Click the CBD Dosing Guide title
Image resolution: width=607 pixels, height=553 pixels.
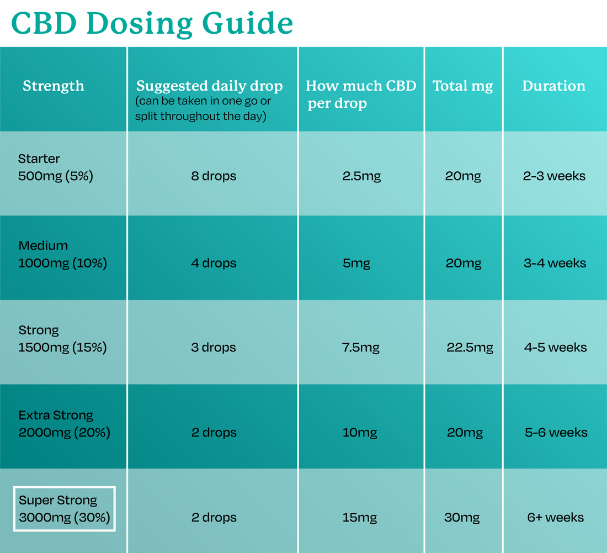click(152, 23)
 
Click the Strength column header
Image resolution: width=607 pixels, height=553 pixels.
click(54, 86)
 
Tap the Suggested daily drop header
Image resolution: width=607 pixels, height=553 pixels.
click(209, 87)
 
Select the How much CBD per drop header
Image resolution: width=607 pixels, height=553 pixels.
click(360, 94)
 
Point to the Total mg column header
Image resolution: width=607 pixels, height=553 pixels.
click(462, 86)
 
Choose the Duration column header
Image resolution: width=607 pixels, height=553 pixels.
click(553, 86)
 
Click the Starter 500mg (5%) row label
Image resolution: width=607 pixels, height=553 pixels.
click(55, 167)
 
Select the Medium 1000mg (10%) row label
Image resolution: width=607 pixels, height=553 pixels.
click(62, 254)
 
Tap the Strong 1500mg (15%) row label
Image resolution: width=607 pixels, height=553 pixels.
click(62, 339)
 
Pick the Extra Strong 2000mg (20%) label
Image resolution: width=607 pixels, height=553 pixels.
click(64, 424)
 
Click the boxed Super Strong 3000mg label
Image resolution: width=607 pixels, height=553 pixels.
click(65, 509)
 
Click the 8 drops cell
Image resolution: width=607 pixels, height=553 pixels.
click(214, 176)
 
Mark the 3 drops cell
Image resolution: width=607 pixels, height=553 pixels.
click(214, 347)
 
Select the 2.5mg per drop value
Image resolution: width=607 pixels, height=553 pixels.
click(361, 176)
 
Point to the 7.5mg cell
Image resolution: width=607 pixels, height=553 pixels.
click(361, 347)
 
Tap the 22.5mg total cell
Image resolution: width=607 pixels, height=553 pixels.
click(470, 347)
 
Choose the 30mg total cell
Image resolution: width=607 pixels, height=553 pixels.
click(462, 518)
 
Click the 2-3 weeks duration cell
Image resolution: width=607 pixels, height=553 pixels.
click(554, 176)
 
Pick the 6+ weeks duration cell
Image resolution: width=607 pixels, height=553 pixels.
click(555, 518)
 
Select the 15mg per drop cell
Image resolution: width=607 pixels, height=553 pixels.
click(360, 518)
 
